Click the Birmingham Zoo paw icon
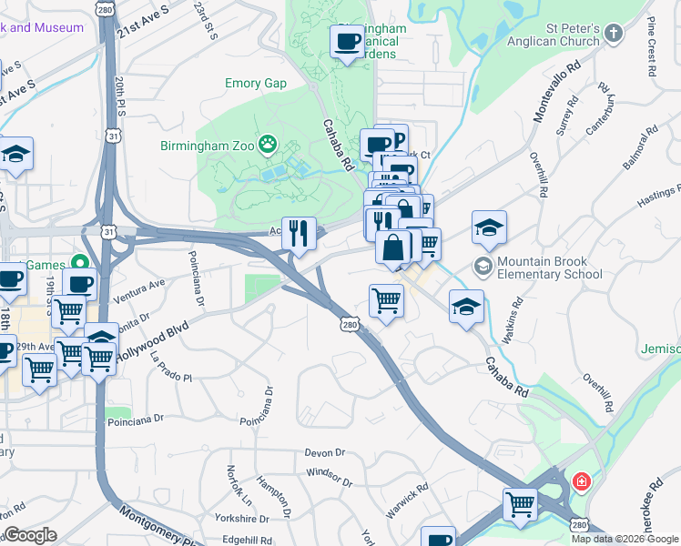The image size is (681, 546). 268,143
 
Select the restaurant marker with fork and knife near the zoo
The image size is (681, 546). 298,235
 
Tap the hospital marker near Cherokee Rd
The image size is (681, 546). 580,480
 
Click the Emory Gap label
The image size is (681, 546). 256,84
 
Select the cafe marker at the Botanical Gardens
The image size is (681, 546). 347,42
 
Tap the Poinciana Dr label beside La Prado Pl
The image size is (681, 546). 135,420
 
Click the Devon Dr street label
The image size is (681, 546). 325,452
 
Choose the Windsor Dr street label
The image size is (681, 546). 329,474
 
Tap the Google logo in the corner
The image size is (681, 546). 30,535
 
